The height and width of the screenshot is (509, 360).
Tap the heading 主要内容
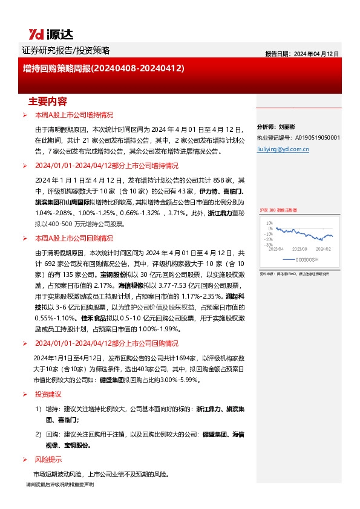[x=48, y=101]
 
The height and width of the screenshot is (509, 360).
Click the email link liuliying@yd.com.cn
[x=283, y=148]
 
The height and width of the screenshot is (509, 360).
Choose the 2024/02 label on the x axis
[x=324, y=248]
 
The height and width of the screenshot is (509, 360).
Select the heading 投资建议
[x=48, y=394]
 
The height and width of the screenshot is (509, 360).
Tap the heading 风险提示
[x=48, y=458]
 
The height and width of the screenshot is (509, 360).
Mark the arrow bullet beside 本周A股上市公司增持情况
[x=24, y=115]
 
